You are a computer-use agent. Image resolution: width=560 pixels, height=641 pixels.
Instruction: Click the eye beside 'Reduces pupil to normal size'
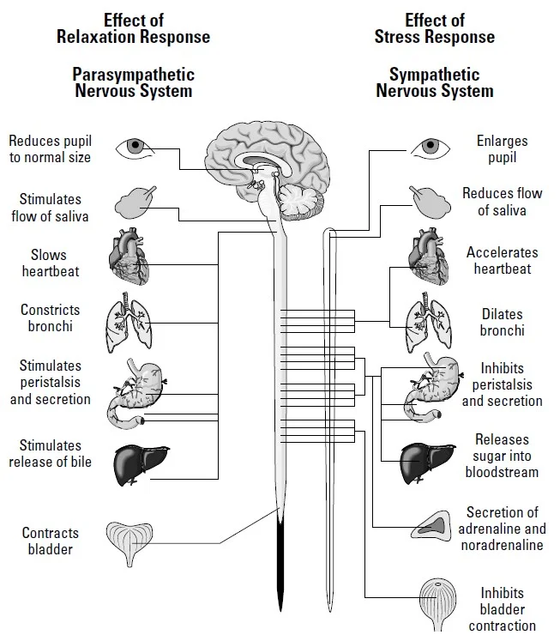point(132,147)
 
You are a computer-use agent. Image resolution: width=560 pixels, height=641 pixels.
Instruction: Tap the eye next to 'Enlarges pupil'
point(430,147)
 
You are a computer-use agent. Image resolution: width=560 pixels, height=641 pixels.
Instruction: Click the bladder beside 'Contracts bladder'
point(130,542)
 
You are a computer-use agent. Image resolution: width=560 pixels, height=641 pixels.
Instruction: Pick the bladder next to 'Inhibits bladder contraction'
point(442,604)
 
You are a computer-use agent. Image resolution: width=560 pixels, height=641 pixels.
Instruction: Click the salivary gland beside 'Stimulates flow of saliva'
point(134,203)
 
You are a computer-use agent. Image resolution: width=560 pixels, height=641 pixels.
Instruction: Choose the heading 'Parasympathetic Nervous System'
point(133,82)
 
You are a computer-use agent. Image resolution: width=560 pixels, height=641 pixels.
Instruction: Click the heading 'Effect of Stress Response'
point(434,29)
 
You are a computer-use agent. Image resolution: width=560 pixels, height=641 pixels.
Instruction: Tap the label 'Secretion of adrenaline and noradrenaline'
point(502,529)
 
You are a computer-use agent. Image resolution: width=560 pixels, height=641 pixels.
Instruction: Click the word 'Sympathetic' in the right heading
point(434,75)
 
